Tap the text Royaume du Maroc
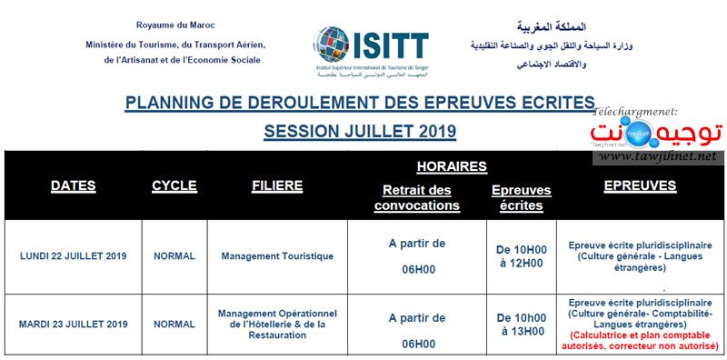pos(172,25)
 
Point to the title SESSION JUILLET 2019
pos(360,131)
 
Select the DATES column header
pos(73,185)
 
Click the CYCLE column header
pos(174,185)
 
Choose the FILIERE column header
pos(277,185)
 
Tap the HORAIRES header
pos(451,166)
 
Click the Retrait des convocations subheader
pos(417,197)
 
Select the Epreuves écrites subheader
pos(520,197)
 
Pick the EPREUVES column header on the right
pos(640,185)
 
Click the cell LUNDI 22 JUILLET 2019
pos(73,255)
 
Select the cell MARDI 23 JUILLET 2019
pos(73,324)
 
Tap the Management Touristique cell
pos(277,255)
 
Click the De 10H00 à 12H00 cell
pos(520,255)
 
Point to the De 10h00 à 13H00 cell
pos(520,324)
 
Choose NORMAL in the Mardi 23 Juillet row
pos(174,324)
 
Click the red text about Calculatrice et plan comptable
pos(640,341)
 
